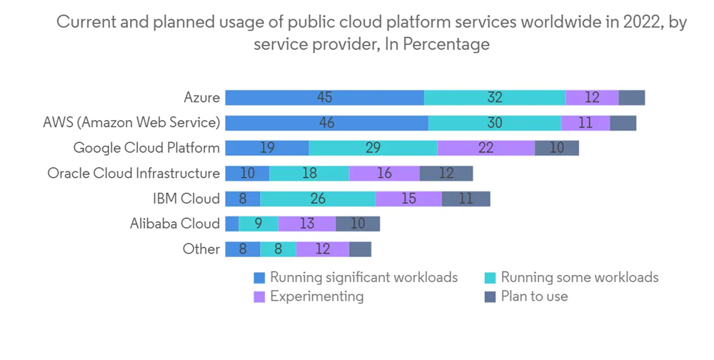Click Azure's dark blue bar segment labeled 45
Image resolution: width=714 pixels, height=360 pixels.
tap(325, 98)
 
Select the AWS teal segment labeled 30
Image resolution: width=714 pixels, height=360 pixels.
tap(495, 123)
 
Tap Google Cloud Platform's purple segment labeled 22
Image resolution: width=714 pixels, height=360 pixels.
tap(486, 148)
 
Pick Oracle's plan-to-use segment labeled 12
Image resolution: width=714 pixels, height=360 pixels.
tap(446, 174)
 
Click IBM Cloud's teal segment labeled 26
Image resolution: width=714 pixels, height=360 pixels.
tap(318, 199)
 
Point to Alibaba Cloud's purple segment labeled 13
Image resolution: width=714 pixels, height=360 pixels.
tap(307, 224)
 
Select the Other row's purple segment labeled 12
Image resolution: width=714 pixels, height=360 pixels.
tap(323, 249)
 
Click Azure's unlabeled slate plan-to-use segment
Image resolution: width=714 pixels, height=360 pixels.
tap(632, 98)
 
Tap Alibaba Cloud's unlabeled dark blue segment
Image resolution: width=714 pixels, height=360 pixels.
tap(232, 224)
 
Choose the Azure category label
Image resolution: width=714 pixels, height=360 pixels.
tap(201, 97)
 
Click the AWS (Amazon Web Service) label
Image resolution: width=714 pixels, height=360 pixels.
tap(131, 122)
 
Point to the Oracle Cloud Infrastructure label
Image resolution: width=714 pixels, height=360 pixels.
tap(134, 173)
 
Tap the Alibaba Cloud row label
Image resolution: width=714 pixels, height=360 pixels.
tap(175, 224)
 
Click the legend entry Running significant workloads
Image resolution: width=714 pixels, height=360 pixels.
tap(363, 277)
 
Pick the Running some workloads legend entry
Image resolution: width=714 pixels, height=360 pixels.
tap(579, 277)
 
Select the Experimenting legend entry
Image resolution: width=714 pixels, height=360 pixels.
tap(316, 296)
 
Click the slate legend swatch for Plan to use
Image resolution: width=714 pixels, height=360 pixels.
tap(490, 296)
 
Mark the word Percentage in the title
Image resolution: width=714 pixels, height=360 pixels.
tap(447, 44)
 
